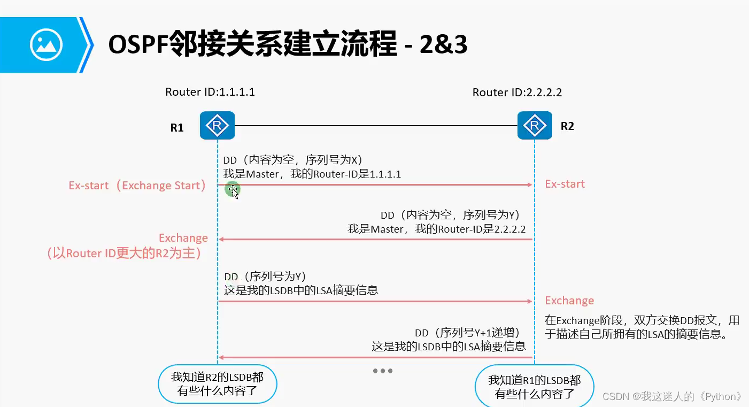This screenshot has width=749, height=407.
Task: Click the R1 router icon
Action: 218,125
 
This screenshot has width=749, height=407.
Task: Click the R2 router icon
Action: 534,125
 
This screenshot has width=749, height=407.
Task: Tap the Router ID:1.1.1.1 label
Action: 210,92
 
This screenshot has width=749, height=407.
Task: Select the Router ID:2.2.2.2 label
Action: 517,93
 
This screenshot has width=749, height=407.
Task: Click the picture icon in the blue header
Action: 47,44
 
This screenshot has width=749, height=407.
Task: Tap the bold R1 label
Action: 177,128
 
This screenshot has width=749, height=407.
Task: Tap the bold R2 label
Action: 567,126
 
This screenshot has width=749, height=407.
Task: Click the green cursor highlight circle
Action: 233,189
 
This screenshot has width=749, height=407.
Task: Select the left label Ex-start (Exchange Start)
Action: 137,186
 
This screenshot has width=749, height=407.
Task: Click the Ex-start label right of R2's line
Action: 565,184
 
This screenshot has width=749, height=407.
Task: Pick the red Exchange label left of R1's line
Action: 183,238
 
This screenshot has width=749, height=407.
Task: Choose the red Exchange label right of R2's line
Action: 569,301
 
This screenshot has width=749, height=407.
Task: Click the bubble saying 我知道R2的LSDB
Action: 217,384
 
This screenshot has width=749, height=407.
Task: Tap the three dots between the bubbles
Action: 383,371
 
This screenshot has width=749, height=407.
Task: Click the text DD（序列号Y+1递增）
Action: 468,333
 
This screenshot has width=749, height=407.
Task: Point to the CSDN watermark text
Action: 672,396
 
